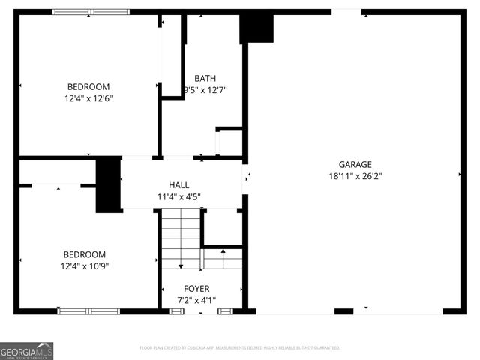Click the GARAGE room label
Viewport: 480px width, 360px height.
[355, 165]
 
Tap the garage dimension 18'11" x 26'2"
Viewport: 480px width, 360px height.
[355, 177]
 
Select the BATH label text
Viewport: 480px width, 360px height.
[205, 78]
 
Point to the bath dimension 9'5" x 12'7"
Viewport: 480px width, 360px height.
[205, 90]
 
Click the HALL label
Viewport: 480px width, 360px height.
[178, 185]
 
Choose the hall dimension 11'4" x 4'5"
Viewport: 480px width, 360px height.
[178, 197]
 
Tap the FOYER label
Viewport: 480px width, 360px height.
[196, 289]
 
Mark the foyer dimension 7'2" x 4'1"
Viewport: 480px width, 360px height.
[196, 301]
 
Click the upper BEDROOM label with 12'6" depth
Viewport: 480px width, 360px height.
[88, 86]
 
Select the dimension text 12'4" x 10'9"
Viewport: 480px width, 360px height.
[84, 265]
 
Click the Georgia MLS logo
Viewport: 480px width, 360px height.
[27, 350]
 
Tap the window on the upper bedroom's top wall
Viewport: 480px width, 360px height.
[90, 12]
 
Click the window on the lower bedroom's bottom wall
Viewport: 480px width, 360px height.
[88, 310]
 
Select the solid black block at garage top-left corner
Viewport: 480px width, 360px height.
[256, 28]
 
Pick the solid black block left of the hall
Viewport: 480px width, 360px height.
[109, 184]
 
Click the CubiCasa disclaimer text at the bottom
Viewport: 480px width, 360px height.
[240, 348]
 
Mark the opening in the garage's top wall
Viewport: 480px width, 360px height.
[346, 11]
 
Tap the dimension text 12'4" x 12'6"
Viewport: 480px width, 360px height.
[88, 97]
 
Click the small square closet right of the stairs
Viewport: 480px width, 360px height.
[223, 226]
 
